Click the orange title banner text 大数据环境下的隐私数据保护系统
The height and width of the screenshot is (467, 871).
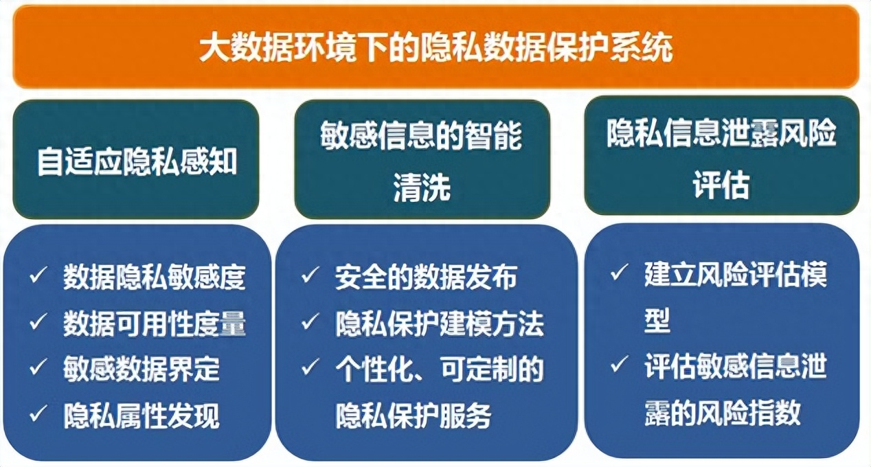(x=435, y=48)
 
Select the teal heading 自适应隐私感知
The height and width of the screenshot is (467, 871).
(x=137, y=163)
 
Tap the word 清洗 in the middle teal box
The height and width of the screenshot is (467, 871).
(x=422, y=187)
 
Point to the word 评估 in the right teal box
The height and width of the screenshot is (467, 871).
(x=721, y=185)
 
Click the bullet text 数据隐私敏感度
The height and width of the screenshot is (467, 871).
(x=154, y=277)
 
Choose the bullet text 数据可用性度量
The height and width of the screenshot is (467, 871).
(x=154, y=323)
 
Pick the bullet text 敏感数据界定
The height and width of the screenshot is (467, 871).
(x=142, y=369)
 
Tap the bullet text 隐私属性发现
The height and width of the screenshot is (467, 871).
(x=142, y=415)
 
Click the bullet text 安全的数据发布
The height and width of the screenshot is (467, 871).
(x=426, y=277)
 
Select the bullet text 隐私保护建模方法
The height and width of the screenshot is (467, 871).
(x=439, y=323)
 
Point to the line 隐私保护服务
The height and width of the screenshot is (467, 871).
(x=414, y=415)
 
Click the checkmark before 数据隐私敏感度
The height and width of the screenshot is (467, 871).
(x=38, y=277)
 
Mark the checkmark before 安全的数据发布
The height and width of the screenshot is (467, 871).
(x=310, y=277)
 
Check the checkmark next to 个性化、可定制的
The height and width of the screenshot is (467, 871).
(x=310, y=369)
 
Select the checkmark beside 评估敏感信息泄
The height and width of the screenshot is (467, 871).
(x=619, y=366)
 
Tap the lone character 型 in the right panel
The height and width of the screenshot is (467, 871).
(x=657, y=320)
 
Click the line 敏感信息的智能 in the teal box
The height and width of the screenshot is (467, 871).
(x=422, y=136)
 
